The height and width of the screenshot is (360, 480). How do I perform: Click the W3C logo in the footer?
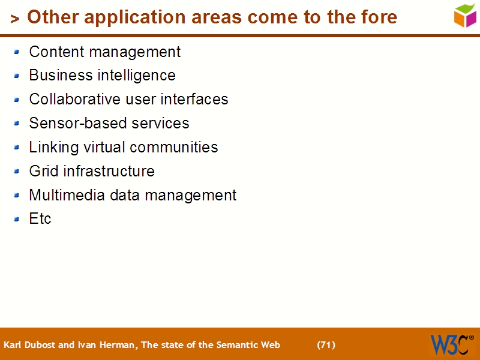tap(451, 344)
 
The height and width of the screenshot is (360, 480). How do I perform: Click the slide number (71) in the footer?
tap(326, 345)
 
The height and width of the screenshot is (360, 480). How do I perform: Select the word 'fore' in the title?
tap(378, 17)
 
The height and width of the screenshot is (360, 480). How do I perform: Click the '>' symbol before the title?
tap(15, 19)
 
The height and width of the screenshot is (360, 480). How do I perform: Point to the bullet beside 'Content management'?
tap(17, 52)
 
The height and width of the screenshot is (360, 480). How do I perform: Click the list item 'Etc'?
tap(40, 219)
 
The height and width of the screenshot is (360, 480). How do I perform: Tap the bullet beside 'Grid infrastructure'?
tap(17, 172)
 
